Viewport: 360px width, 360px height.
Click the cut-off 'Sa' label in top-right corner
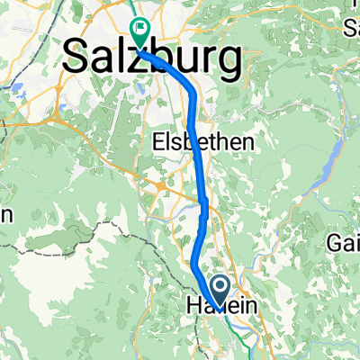pos(352,27)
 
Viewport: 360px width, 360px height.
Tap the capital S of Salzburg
pos(78,60)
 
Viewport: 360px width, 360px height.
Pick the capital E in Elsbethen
pos(157,141)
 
